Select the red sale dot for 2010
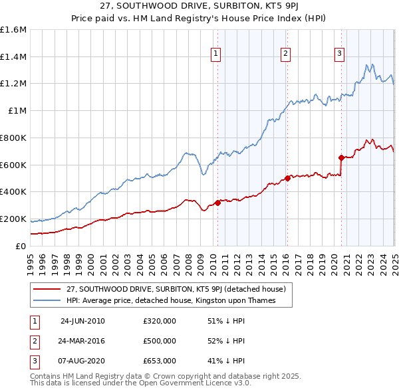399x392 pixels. [217, 203]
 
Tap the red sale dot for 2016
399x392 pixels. [287, 178]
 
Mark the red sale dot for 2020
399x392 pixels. [341, 157]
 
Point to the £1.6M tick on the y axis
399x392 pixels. [13, 30]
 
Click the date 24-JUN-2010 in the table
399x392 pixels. [82, 321]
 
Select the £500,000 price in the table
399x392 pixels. [160, 341]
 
